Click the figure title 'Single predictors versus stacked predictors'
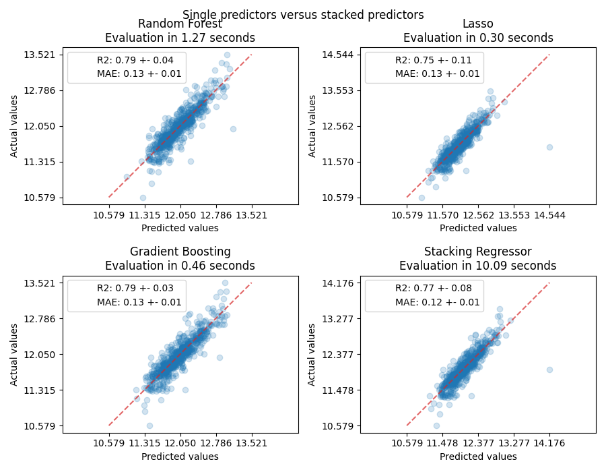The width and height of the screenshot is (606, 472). (303, 14)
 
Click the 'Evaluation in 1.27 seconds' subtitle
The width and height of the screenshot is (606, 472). (180, 38)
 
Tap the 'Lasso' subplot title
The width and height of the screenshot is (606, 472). (477, 24)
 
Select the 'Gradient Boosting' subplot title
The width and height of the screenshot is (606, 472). (180, 252)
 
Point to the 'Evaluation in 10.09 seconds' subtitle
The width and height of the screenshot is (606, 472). (477, 266)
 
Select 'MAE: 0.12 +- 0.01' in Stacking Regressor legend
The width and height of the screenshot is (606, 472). (437, 302)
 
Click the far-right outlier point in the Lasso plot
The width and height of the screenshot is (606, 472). (549, 147)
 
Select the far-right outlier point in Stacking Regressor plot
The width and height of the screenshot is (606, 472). (549, 370)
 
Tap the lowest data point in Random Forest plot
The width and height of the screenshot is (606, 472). (143, 198)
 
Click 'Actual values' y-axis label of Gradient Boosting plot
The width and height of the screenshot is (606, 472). (15, 355)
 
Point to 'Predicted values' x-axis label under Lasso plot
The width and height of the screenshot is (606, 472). (477, 228)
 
